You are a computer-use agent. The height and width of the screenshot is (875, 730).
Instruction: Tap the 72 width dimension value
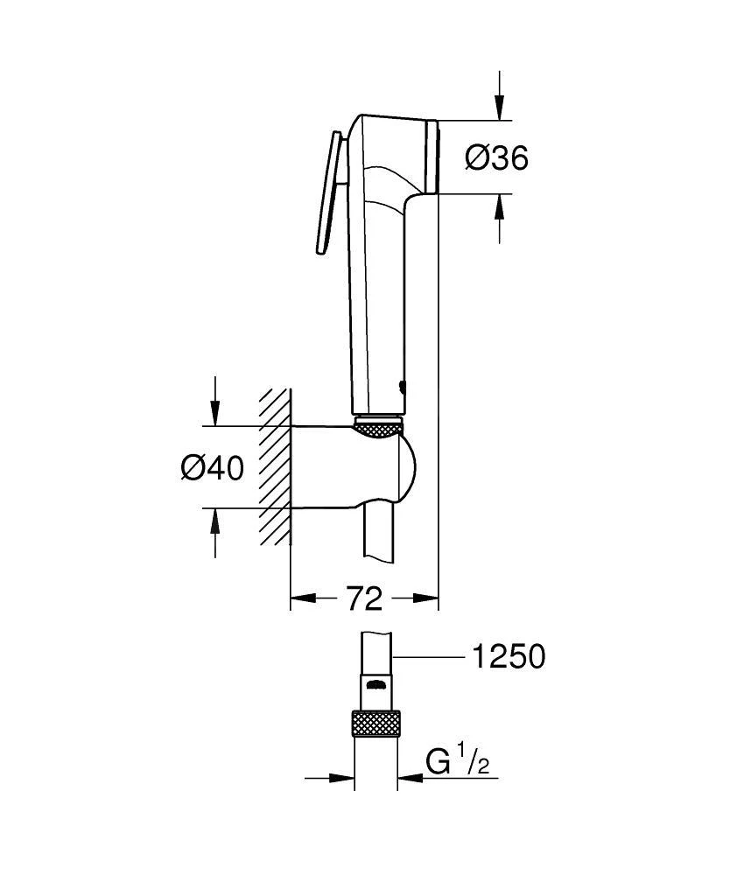click(363, 599)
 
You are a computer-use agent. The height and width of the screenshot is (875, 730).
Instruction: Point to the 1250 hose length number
click(508, 656)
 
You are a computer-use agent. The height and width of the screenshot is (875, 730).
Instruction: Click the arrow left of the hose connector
click(341, 777)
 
